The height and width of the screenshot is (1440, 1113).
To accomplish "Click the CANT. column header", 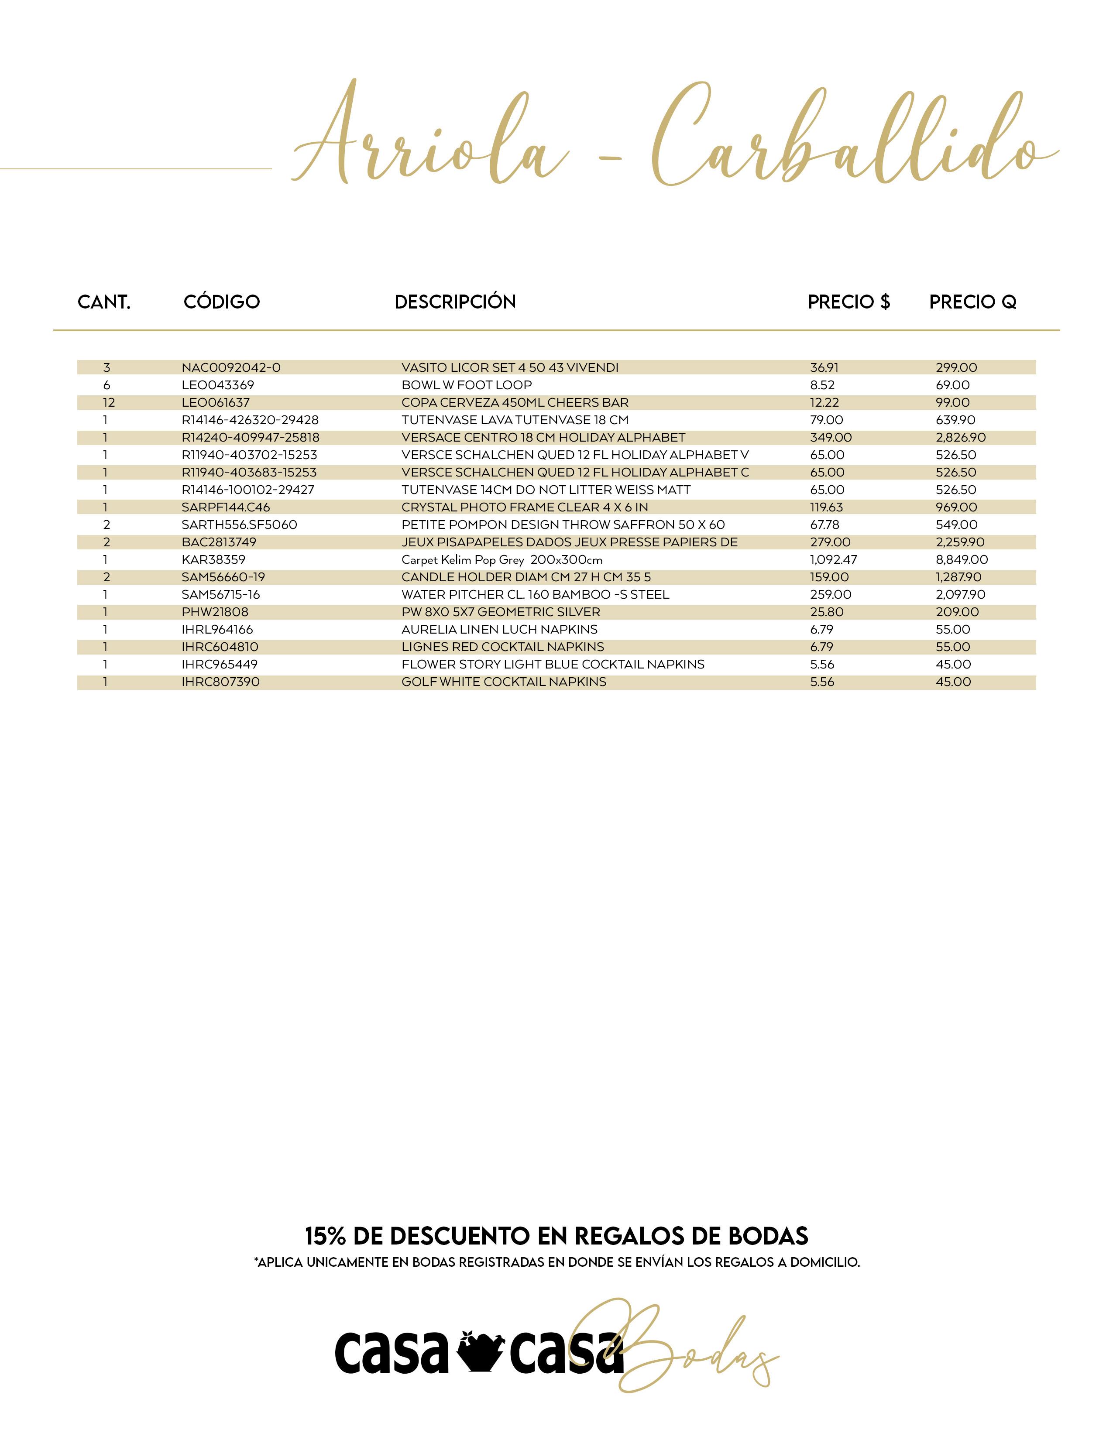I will (x=104, y=302).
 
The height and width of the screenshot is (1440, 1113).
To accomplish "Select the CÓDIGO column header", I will (x=222, y=302).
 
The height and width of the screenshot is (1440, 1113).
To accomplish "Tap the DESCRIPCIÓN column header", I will (x=455, y=302).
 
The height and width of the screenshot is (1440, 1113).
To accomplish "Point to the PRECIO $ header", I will (x=848, y=302).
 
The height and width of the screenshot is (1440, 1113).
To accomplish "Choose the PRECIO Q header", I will (x=972, y=302).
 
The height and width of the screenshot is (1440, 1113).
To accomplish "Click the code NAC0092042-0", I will (x=231, y=367).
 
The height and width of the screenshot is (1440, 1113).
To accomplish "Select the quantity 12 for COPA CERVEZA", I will (x=108, y=402).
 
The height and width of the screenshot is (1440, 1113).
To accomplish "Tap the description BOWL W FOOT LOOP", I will (x=466, y=385).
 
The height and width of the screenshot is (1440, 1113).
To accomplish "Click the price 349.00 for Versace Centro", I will (x=831, y=437).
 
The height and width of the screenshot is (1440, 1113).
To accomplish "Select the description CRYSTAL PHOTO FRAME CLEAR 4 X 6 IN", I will (x=524, y=507).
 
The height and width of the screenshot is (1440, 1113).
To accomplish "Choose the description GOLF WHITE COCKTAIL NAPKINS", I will (x=504, y=682).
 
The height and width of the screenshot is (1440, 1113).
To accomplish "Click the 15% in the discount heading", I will (x=325, y=1236).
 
